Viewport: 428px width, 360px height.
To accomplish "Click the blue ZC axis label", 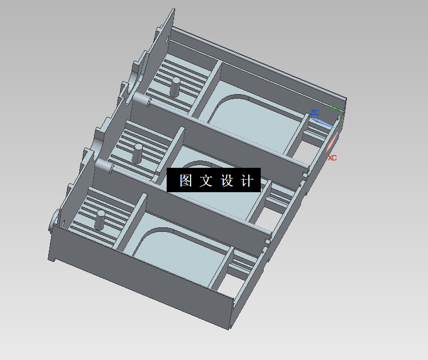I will point(315,113).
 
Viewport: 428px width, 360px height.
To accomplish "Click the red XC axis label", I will point(332,158).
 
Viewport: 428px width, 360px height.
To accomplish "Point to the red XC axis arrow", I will point(334,141).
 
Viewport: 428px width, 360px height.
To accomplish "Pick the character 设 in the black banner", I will point(227,181).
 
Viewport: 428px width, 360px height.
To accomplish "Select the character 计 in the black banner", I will point(247,181).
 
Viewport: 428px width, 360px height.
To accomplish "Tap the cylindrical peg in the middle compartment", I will point(138,154).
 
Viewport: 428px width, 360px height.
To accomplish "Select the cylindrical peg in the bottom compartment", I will point(100,219).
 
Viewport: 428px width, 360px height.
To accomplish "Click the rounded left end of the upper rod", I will point(138,98).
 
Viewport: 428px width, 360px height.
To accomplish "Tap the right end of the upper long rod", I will point(307,166).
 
